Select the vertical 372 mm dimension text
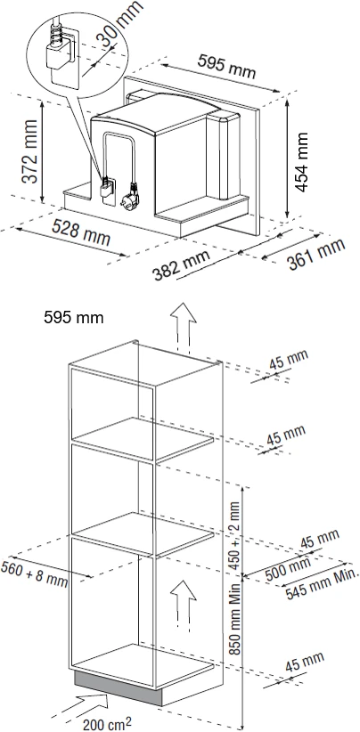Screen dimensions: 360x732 coord(29,151)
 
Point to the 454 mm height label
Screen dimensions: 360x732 coord(302,161)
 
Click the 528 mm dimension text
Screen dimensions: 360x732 coord(81,232)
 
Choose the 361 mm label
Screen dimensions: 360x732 coord(316,255)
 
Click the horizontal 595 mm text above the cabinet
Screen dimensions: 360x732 coord(74,317)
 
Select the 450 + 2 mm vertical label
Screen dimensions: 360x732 coord(235,535)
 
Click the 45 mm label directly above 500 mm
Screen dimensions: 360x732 coord(319,539)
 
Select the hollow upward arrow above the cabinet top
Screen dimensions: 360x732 coord(183,327)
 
